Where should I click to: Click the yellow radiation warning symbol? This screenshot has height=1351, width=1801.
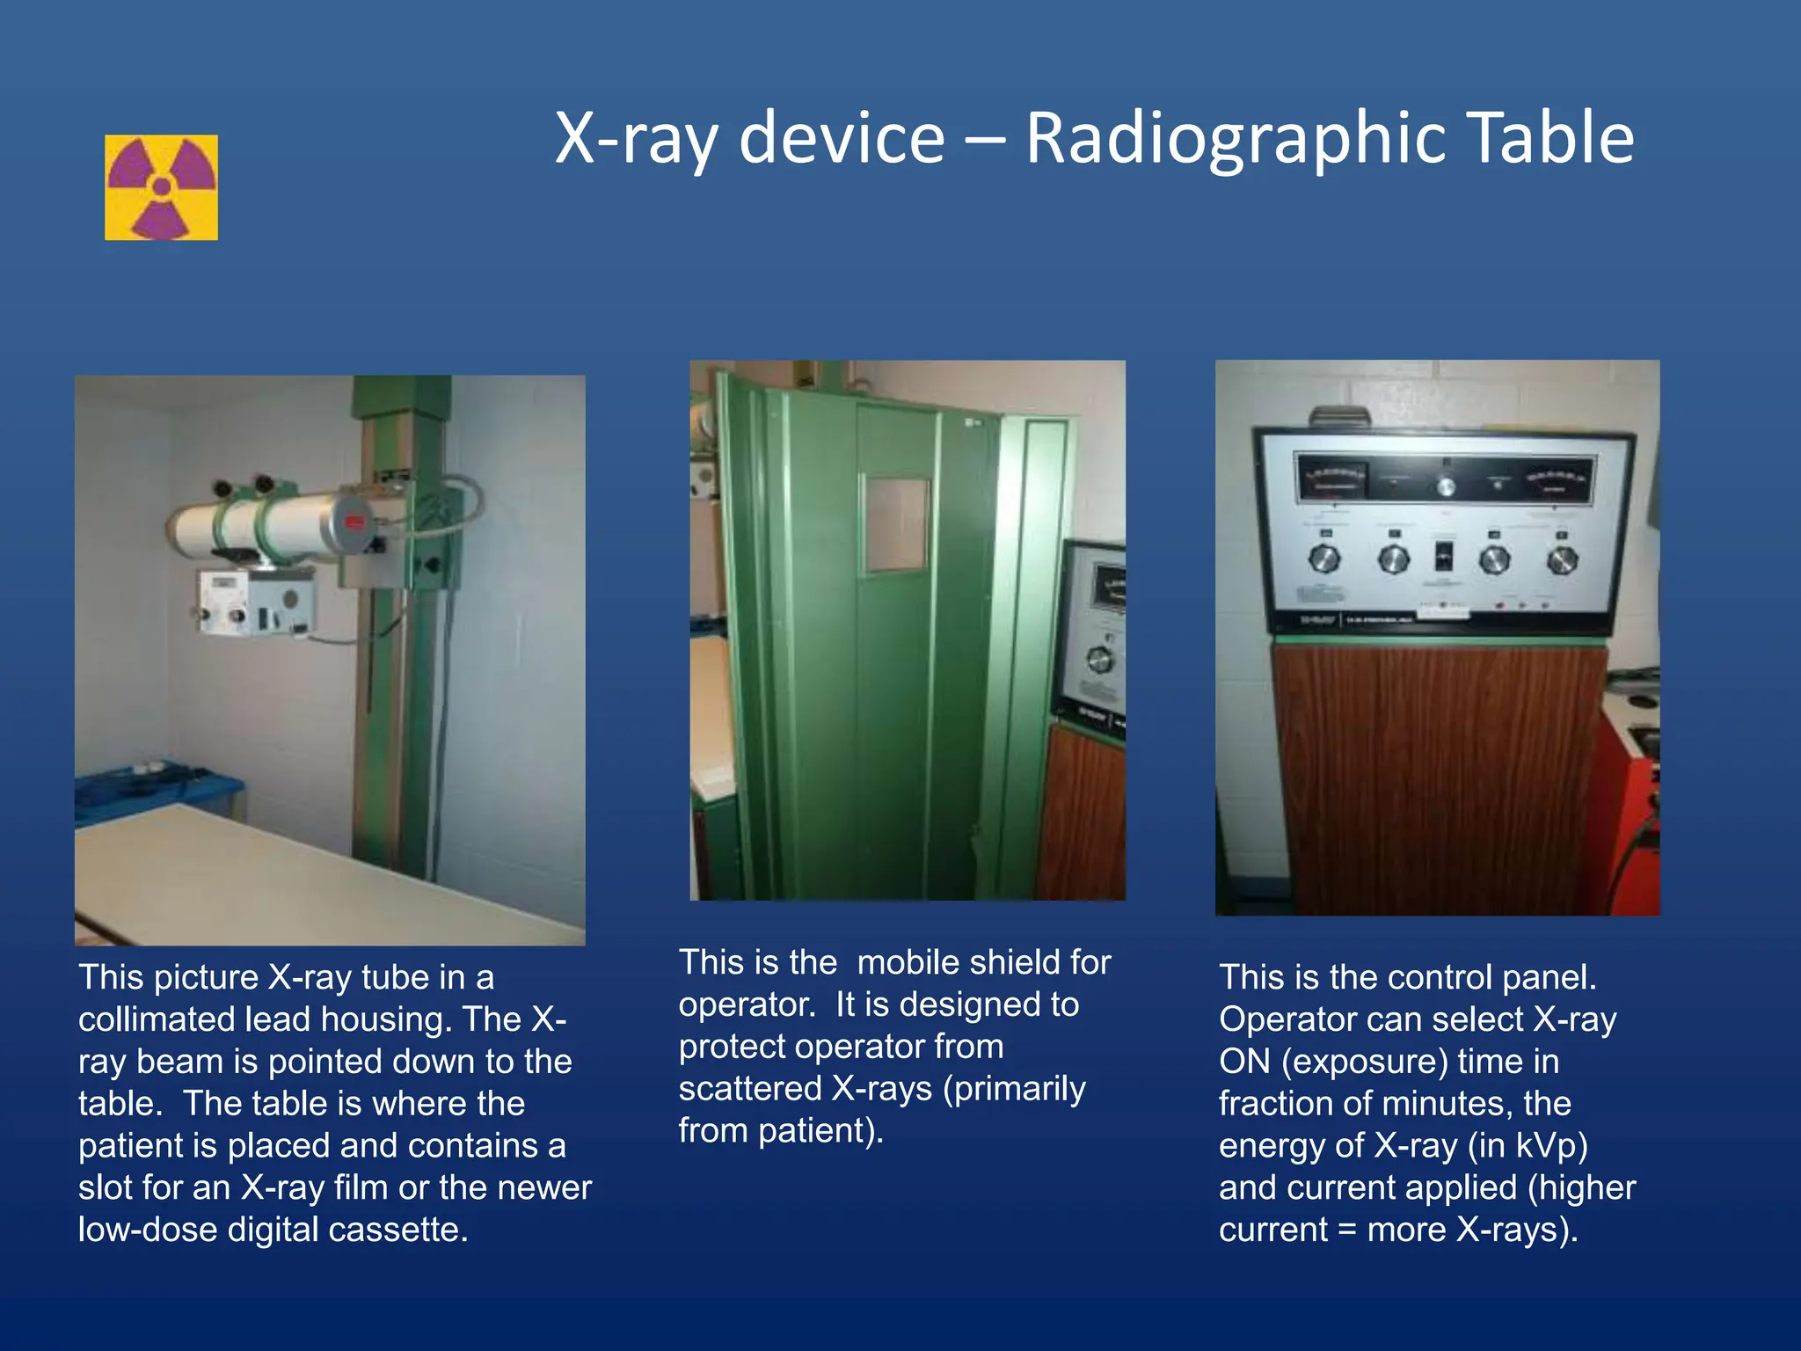click(161, 187)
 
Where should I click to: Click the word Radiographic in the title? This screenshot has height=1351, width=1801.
click(1236, 138)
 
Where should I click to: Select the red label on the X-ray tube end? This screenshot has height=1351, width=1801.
click(354, 522)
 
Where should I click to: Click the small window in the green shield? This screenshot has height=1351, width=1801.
click(896, 524)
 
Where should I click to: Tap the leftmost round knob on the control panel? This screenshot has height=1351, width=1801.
click(1323, 559)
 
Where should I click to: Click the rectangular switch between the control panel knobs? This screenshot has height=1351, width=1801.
click(1444, 557)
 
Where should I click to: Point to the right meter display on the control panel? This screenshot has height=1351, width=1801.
click(1557, 479)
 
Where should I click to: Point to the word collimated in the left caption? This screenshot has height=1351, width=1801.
click(155, 1019)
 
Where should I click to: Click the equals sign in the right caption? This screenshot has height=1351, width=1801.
click(1346, 1230)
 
